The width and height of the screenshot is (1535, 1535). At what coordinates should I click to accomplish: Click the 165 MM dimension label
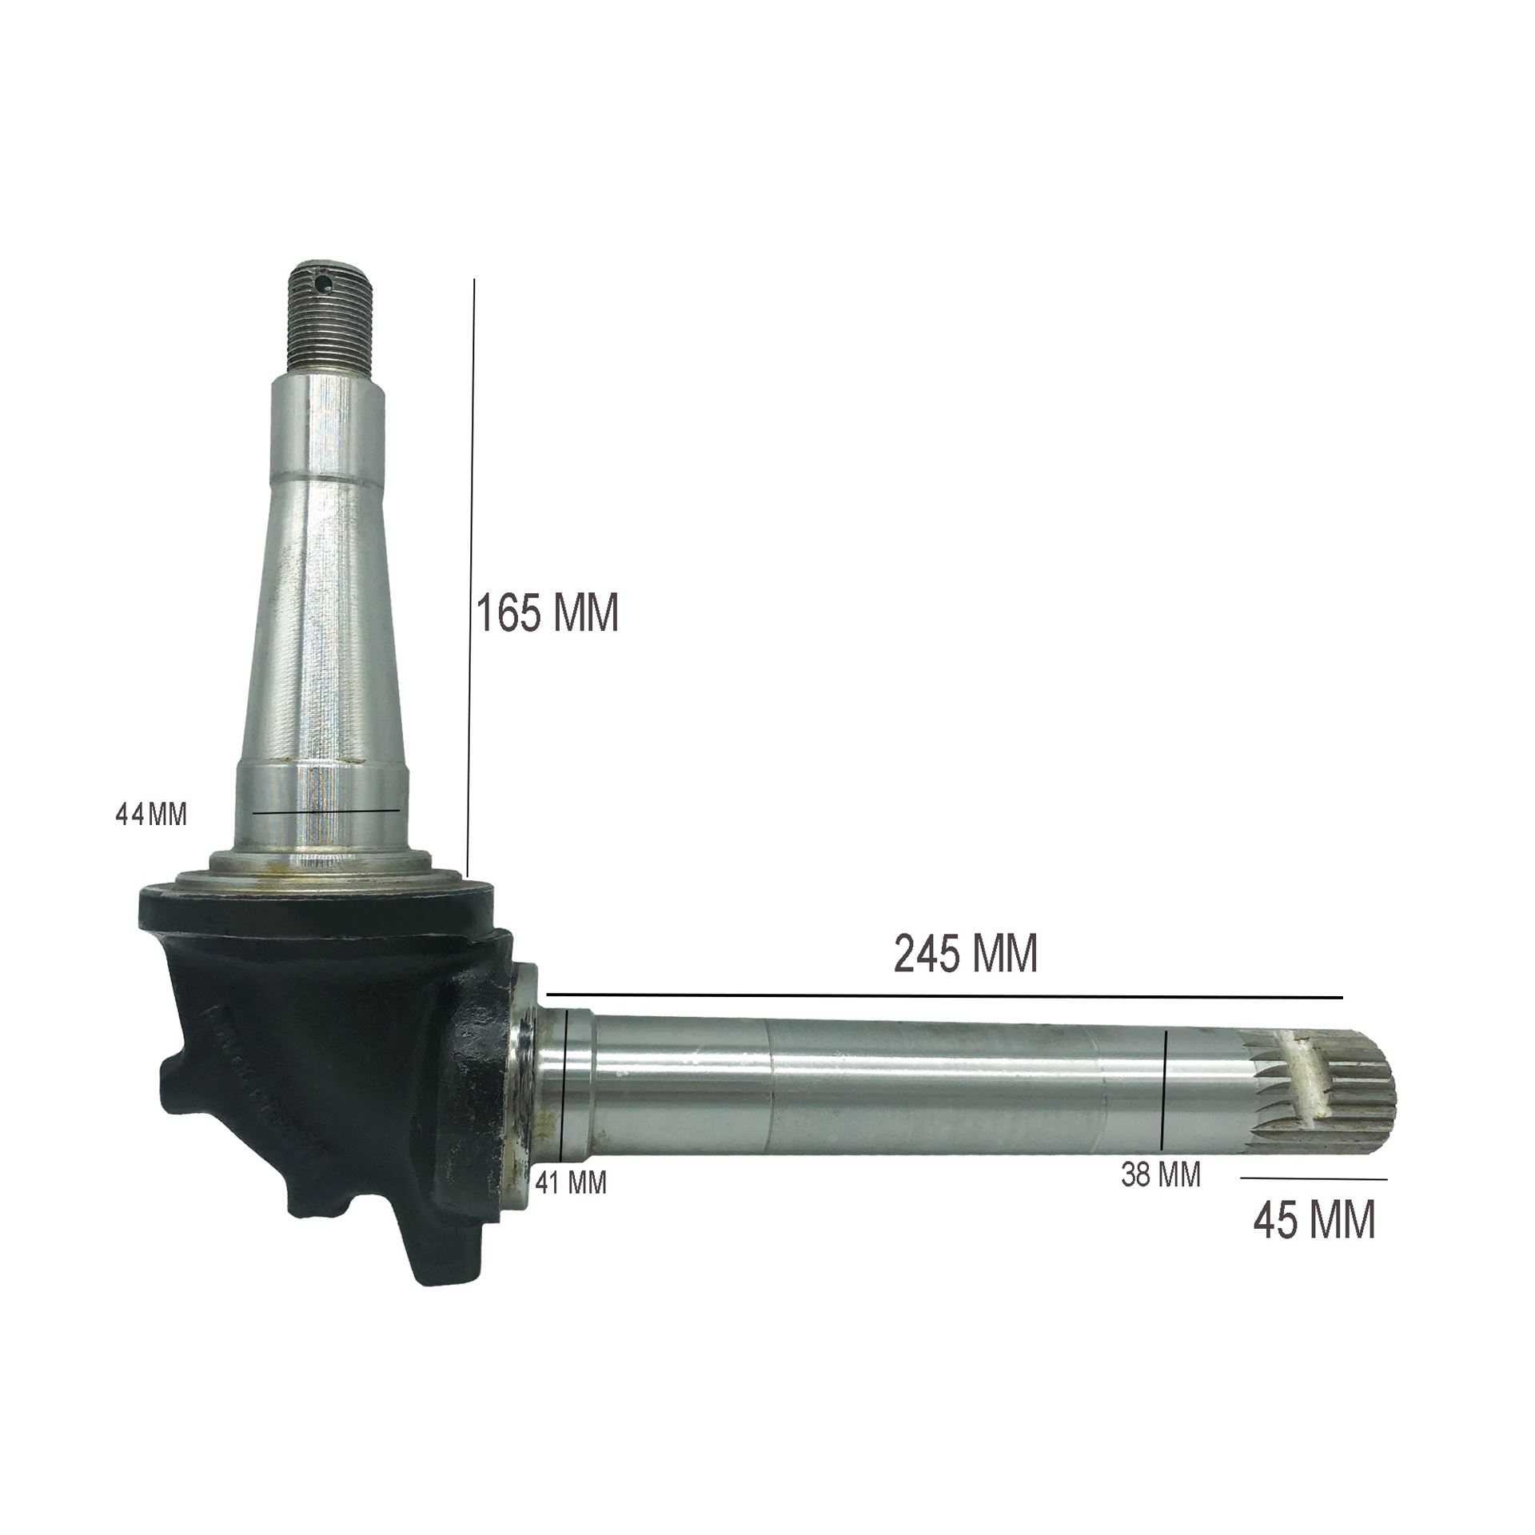click(x=548, y=614)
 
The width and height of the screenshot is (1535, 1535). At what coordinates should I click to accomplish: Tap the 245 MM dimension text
click(x=966, y=954)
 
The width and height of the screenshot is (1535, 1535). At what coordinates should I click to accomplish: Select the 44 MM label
click(x=151, y=815)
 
